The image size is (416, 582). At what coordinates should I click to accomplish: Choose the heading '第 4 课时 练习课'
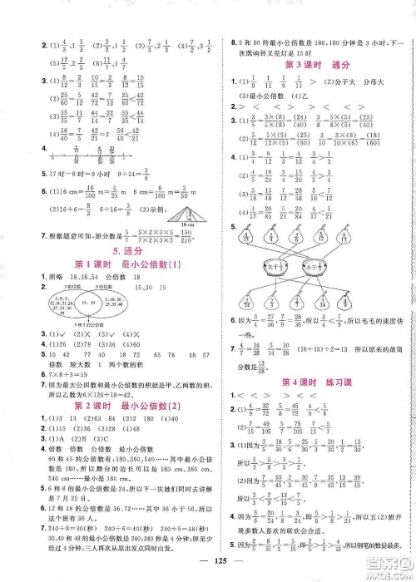[311, 382]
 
